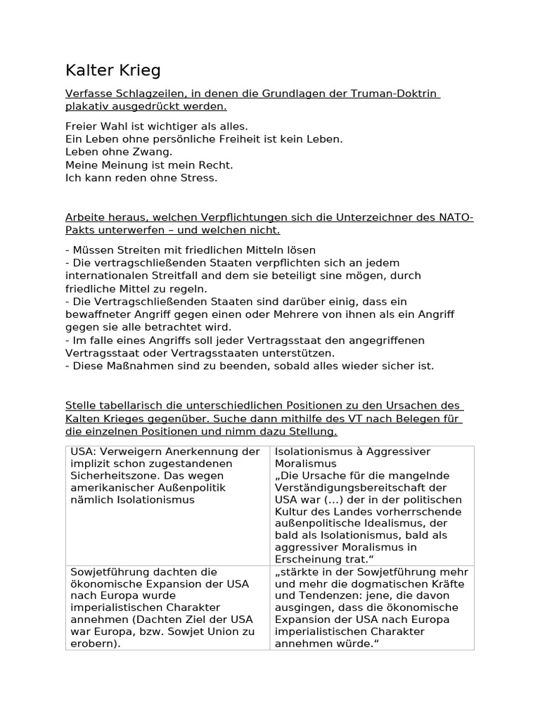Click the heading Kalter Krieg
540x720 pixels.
pyautogui.click(x=112, y=70)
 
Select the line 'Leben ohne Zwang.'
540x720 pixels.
pyautogui.click(x=118, y=152)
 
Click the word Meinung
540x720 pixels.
pyautogui.click(x=117, y=165)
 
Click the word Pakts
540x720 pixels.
pyautogui.click(x=81, y=230)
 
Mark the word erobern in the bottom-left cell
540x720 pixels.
pyautogui.click(x=91, y=643)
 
